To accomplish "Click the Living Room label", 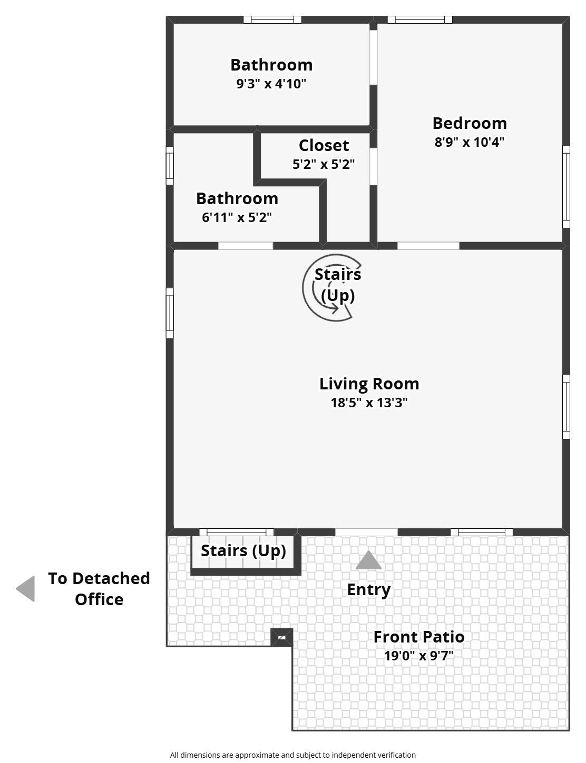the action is tap(369, 384).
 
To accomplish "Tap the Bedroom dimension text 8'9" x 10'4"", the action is tap(470, 142).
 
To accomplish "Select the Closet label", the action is tap(324, 145).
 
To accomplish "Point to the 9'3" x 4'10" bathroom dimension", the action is tap(271, 84).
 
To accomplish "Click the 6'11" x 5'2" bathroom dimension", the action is tap(237, 217).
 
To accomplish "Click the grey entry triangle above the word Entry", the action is tap(368, 560).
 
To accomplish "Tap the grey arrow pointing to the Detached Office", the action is tap(25, 588).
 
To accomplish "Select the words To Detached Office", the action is tap(99, 589).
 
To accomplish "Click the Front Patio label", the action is tap(418, 637).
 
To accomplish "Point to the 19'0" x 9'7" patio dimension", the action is tap(418, 656).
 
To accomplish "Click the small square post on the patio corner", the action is tap(281, 637).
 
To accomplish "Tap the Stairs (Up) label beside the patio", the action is tap(243, 550).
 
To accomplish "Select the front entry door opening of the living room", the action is tap(366, 532).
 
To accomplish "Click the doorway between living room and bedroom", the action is tap(428, 246).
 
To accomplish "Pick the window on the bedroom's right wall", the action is tap(566, 187).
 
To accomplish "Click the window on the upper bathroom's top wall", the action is tap(272, 19).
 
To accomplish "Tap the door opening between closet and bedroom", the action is tap(373, 166).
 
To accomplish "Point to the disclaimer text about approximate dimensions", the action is tap(293, 755).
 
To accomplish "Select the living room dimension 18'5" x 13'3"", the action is tap(369, 403).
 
